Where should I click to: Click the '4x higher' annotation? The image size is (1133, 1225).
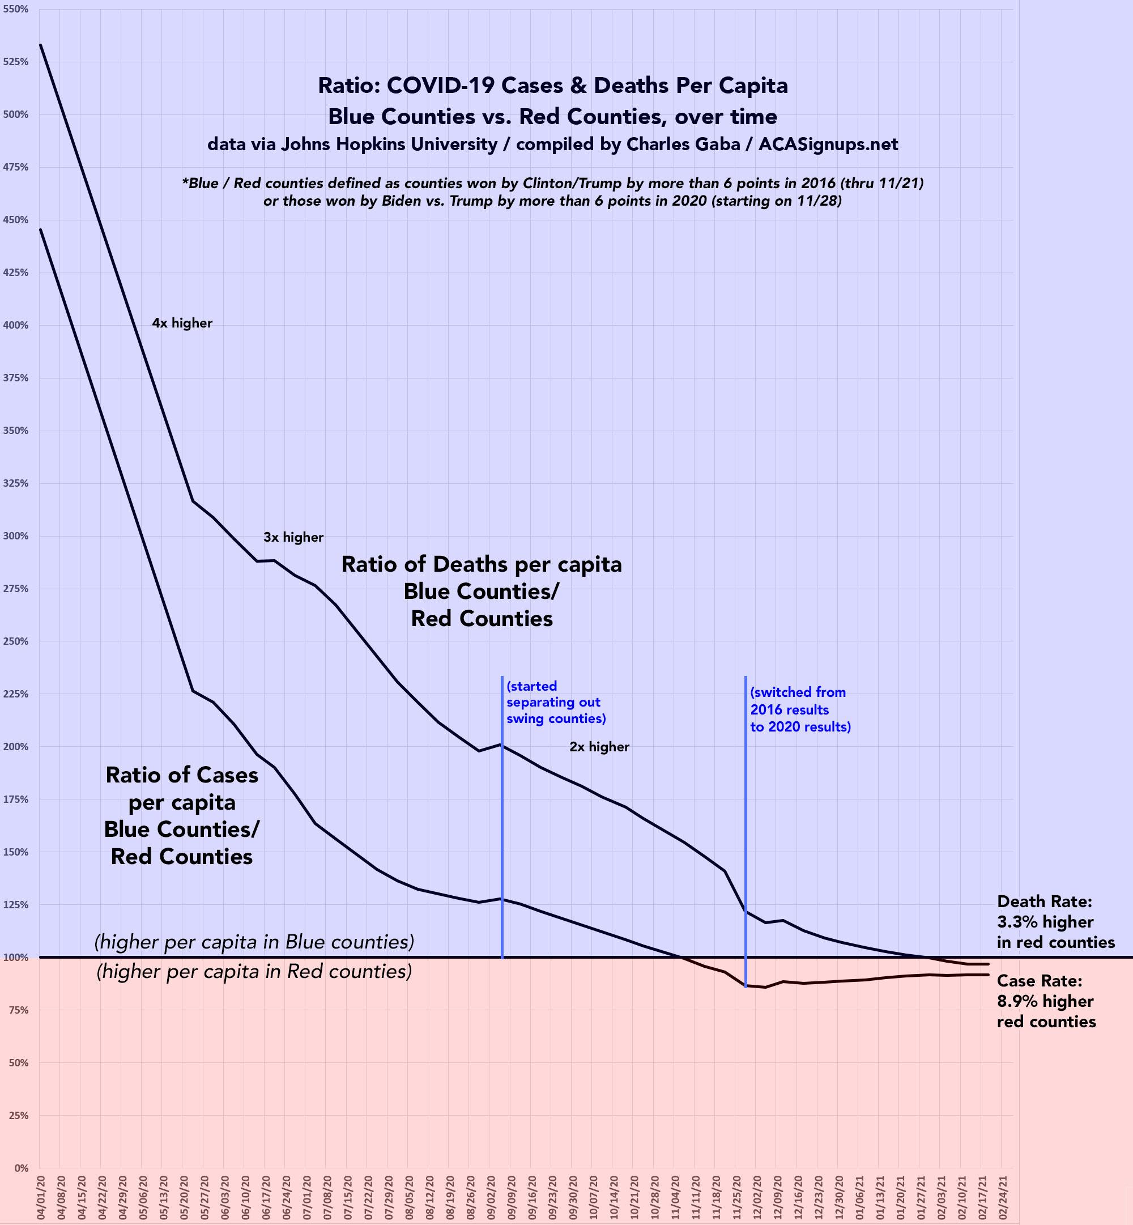click(182, 323)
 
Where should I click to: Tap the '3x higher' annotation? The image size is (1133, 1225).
click(293, 537)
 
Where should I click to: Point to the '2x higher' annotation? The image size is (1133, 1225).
click(599, 747)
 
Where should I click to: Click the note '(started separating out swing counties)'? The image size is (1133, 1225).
click(556, 702)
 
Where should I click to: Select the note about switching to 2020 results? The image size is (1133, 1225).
click(800, 709)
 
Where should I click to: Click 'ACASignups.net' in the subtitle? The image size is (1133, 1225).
click(828, 144)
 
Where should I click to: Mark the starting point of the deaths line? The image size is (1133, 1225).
click(40, 45)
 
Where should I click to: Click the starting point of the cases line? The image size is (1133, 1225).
click(40, 229)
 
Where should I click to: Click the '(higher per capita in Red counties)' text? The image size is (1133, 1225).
click(254, 972)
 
